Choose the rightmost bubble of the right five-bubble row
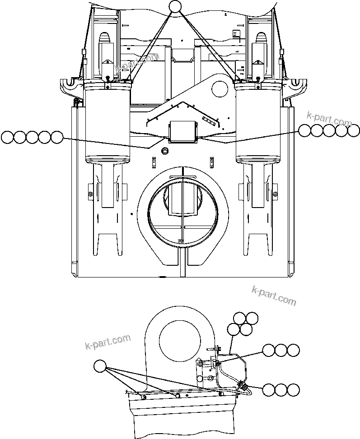[x=354, y=131]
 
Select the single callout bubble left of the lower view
[x=100, y=367]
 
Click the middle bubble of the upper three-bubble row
[x=281, y=351]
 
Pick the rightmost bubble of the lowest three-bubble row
[x=294, y=390]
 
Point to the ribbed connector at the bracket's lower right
[x=242, y=386]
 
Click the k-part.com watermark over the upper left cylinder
[x=136, y=63]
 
